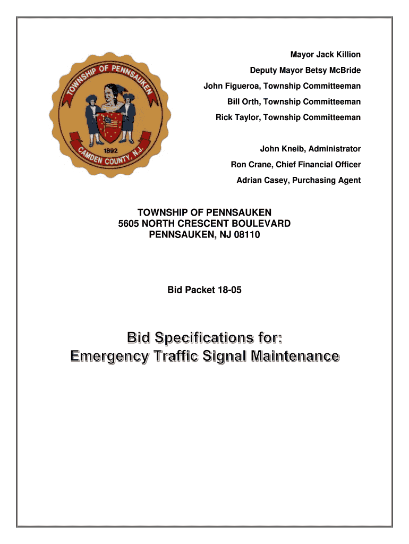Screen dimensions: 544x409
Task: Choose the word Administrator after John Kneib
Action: [x=335, y=149]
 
